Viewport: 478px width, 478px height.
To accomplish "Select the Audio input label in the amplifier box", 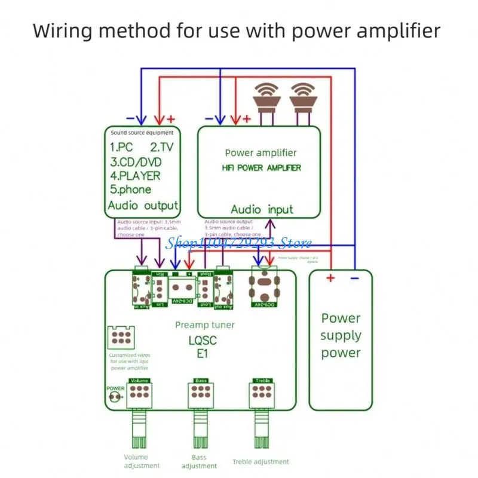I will click(x=262, y=210).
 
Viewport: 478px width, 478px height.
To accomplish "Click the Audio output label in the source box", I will click(x=143, y=206).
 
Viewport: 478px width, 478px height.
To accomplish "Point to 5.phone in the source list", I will click(x=131, y=190).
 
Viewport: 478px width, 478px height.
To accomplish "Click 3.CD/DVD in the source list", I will click(x=136, y=162).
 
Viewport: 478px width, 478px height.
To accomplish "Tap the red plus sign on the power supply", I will click(x=330, y=278).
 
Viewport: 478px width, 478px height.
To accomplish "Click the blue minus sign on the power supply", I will click(x=354, y=278).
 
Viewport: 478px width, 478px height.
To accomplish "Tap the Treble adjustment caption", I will click(x=261, y=462).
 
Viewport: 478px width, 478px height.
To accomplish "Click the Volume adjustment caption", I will click(x=142, y=461).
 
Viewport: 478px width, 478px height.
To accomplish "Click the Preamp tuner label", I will click(x=205, y=325).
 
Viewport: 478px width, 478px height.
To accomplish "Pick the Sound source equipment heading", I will click(x=142, y=133).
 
